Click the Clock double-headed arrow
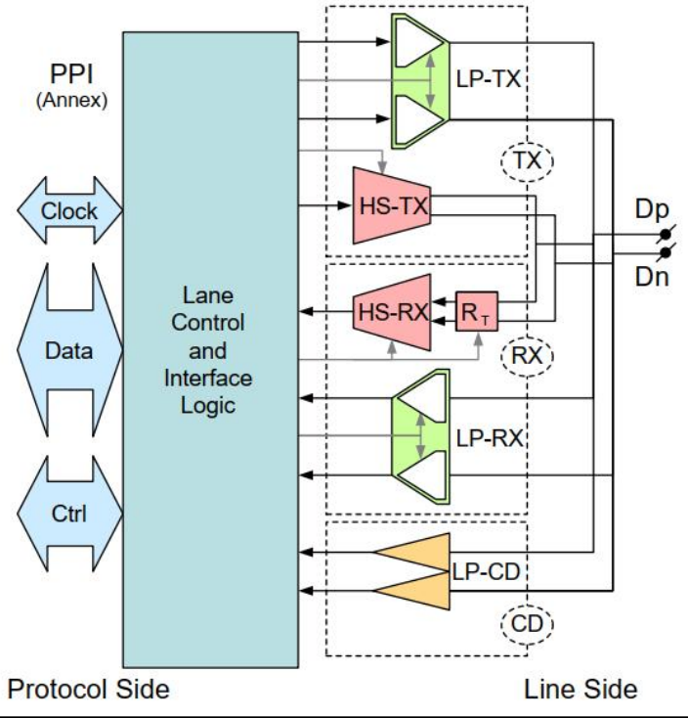pos(69,210)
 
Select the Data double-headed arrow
pos(69,349)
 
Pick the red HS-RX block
pos(390,313)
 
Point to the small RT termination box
pos(475,314)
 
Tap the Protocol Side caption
pos(88,689)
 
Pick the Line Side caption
pos(580,689)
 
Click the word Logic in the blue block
pos(209,405)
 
